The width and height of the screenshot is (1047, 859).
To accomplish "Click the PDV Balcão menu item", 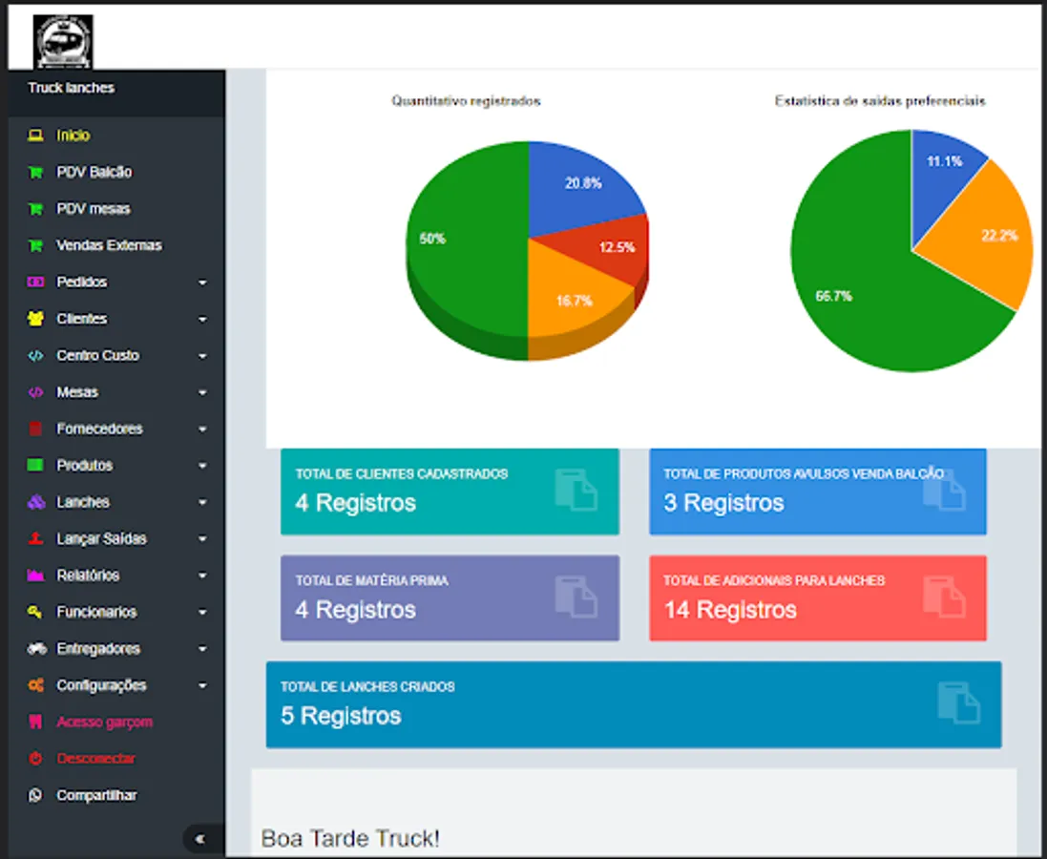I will coord(94,173).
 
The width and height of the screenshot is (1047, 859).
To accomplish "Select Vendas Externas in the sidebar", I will coord(108,245).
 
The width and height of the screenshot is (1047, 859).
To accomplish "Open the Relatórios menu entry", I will coord(88,576).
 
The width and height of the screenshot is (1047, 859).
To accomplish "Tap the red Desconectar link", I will coord(95,759).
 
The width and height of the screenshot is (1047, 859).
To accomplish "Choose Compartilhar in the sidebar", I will coord(96,795).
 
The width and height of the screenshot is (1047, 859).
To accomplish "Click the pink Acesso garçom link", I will coord(104,723).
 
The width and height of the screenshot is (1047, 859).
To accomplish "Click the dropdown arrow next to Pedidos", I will coord(202,283).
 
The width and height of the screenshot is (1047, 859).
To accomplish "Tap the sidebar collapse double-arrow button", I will coord(200,839).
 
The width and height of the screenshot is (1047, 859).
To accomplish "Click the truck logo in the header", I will coord(63,42).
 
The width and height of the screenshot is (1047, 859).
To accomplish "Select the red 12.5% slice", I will coord(616,248).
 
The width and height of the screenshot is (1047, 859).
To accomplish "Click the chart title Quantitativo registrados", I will coord(466,101).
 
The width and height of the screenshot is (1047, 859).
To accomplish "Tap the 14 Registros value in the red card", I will coord(730,610).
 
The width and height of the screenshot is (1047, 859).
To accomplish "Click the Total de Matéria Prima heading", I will coord(371,580).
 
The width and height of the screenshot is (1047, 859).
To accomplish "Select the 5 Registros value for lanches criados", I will coord(341,716).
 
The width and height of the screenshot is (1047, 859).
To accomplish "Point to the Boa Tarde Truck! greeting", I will coord(350,839).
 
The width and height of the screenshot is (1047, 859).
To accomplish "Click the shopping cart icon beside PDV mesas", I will coord(35,209).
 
